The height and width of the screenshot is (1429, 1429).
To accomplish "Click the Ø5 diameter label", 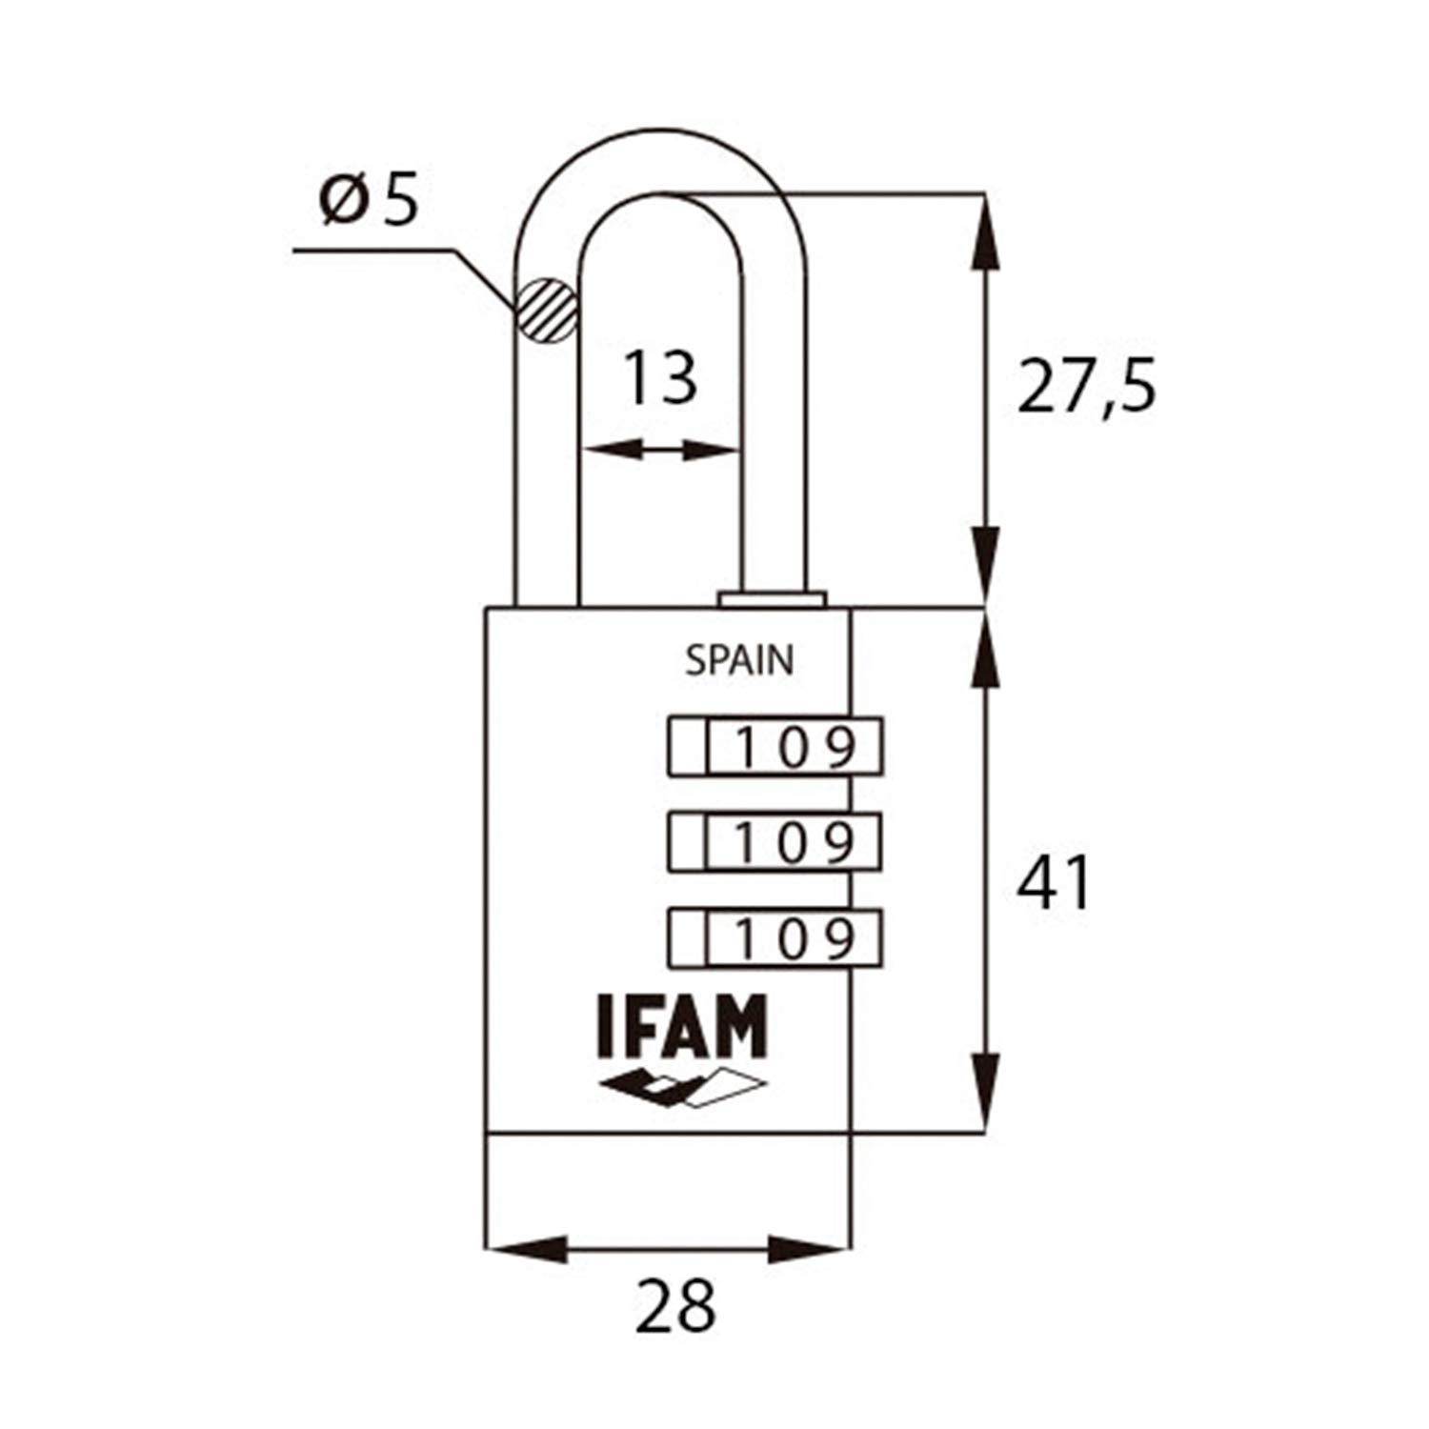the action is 369,200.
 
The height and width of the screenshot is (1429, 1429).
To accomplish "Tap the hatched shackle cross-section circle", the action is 547,311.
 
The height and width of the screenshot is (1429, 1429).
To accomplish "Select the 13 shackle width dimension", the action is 659,377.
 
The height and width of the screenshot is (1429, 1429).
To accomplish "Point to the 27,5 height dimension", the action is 1086,386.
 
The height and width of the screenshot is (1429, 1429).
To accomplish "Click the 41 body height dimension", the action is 1054,882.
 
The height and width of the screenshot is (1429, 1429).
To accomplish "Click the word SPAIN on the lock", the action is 739,660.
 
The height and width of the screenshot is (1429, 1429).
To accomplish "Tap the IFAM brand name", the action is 682,1026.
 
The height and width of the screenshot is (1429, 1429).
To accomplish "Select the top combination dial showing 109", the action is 775,747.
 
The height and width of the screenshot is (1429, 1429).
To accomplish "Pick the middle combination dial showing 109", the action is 775,841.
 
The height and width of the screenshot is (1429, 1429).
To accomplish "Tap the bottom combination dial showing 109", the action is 775,939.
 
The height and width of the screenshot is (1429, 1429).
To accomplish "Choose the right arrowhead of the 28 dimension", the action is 809,1248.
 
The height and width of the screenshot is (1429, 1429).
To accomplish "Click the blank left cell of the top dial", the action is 688,747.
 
